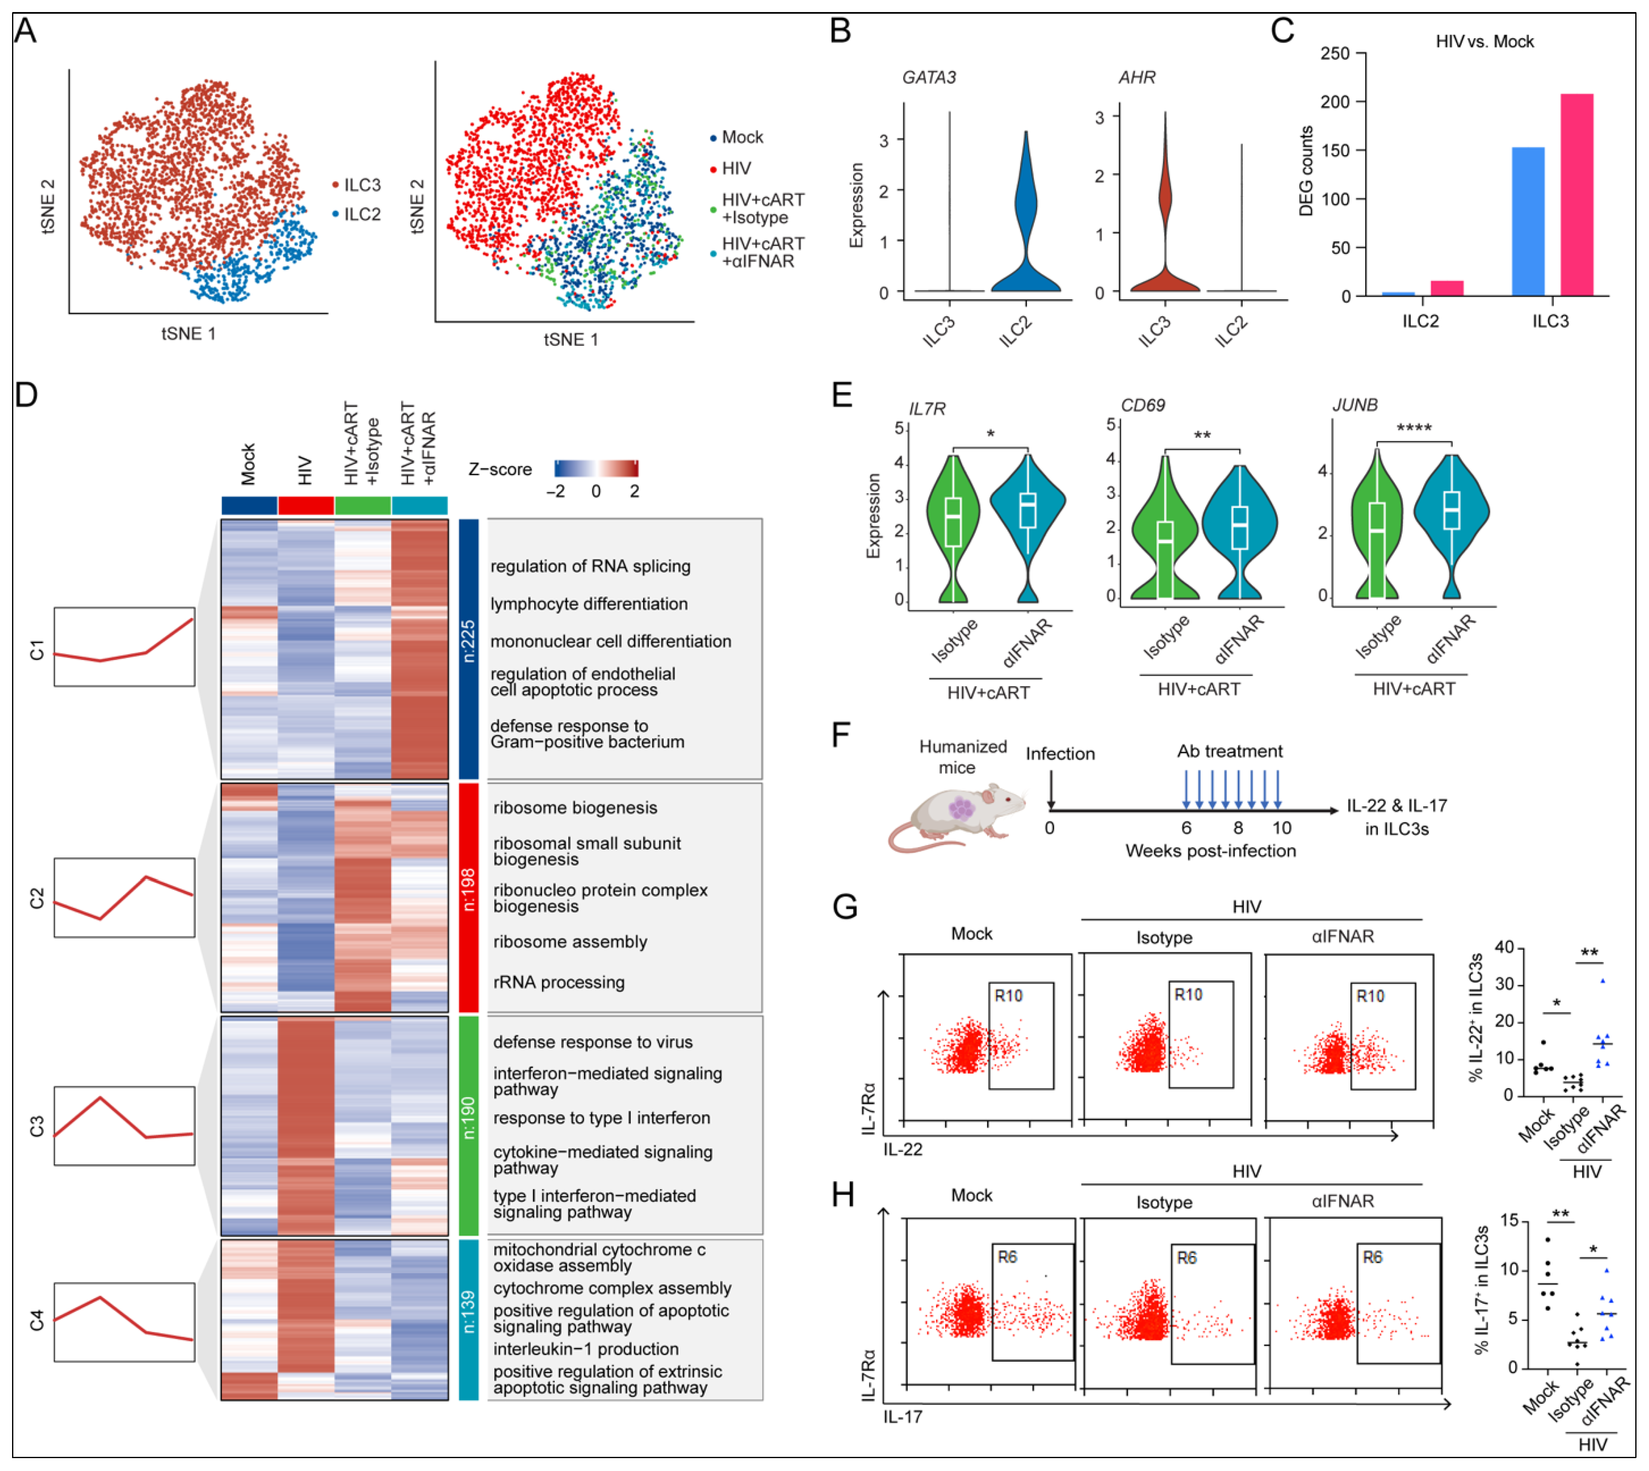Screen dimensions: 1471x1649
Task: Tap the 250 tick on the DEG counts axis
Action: pos(1335,53)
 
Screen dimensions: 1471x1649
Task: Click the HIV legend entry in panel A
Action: pos(735,168)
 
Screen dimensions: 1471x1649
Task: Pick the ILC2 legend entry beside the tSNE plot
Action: pos(361,214)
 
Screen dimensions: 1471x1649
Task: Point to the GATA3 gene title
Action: pos(928,78)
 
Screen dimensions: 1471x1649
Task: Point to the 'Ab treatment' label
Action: pos(1229,751)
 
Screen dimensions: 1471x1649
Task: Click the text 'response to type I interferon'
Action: pos(602,1118)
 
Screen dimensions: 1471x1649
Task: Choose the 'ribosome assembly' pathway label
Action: pos(570,941)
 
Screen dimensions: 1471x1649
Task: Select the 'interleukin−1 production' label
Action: pos(586,1349)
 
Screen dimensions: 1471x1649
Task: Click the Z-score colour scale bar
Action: pos(596,468)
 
